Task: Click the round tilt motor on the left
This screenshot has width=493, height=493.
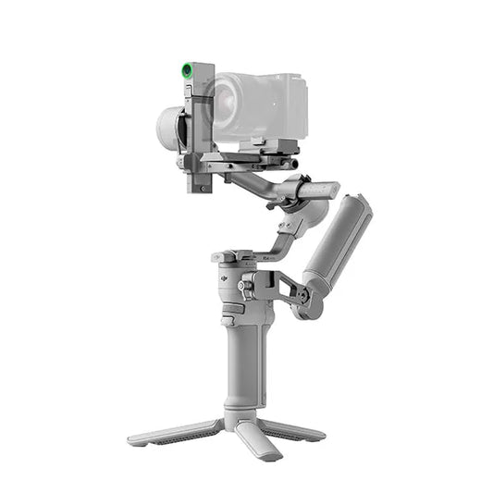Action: click(169, 128)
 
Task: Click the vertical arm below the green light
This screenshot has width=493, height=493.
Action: click(200, 129)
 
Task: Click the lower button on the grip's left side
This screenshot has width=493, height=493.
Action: click(227, 321)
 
